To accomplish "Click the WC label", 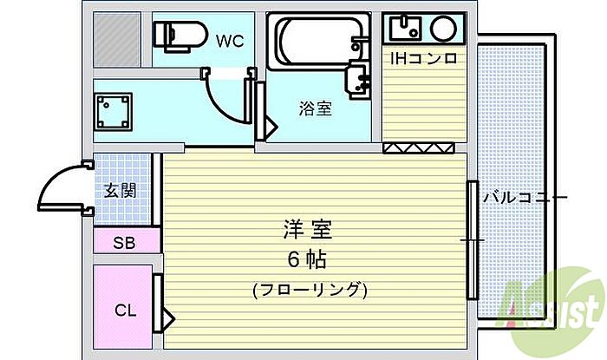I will [229, 39].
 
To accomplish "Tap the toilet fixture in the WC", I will [177, 34].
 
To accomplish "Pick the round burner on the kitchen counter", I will [442, 28].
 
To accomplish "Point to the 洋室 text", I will [309, 231].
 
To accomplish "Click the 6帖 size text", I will [309, 259].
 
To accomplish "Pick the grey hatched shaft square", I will [116, 36].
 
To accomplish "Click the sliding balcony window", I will [473, 239].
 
